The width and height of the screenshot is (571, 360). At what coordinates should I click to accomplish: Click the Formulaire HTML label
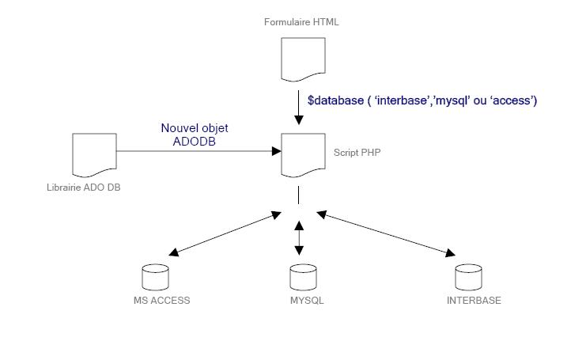coord(301,22)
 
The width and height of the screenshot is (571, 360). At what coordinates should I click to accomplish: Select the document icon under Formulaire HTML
coord(303,60)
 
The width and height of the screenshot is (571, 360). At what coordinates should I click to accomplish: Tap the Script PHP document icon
coord(303,155)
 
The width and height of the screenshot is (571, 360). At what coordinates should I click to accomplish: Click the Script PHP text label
coord(357,151)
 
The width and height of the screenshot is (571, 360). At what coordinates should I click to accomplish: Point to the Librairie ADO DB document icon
coord(94,154)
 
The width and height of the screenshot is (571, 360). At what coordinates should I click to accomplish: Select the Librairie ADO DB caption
coord(83,188)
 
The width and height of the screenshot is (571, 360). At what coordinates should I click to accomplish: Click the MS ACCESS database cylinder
coord(154,277)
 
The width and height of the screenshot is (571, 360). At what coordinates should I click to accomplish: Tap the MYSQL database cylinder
coord(303,277)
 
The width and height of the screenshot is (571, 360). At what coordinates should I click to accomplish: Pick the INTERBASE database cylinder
coord(469,277)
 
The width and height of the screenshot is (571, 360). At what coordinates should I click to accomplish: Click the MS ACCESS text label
coord(161,301)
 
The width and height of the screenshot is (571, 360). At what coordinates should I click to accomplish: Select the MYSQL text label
coord(307,301)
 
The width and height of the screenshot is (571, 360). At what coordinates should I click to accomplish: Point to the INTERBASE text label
coord(474,301)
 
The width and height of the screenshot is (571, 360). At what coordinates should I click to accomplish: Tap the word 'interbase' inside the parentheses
coord(403,100)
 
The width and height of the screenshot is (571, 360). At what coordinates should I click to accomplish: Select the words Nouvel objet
coord(194,127)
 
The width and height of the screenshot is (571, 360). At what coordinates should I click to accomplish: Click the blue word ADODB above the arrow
coord(194,141)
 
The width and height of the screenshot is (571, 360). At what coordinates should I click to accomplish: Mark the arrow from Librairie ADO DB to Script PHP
coord(198,149)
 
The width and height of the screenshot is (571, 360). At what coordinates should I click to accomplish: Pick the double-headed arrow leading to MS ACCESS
coord(225,233)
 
